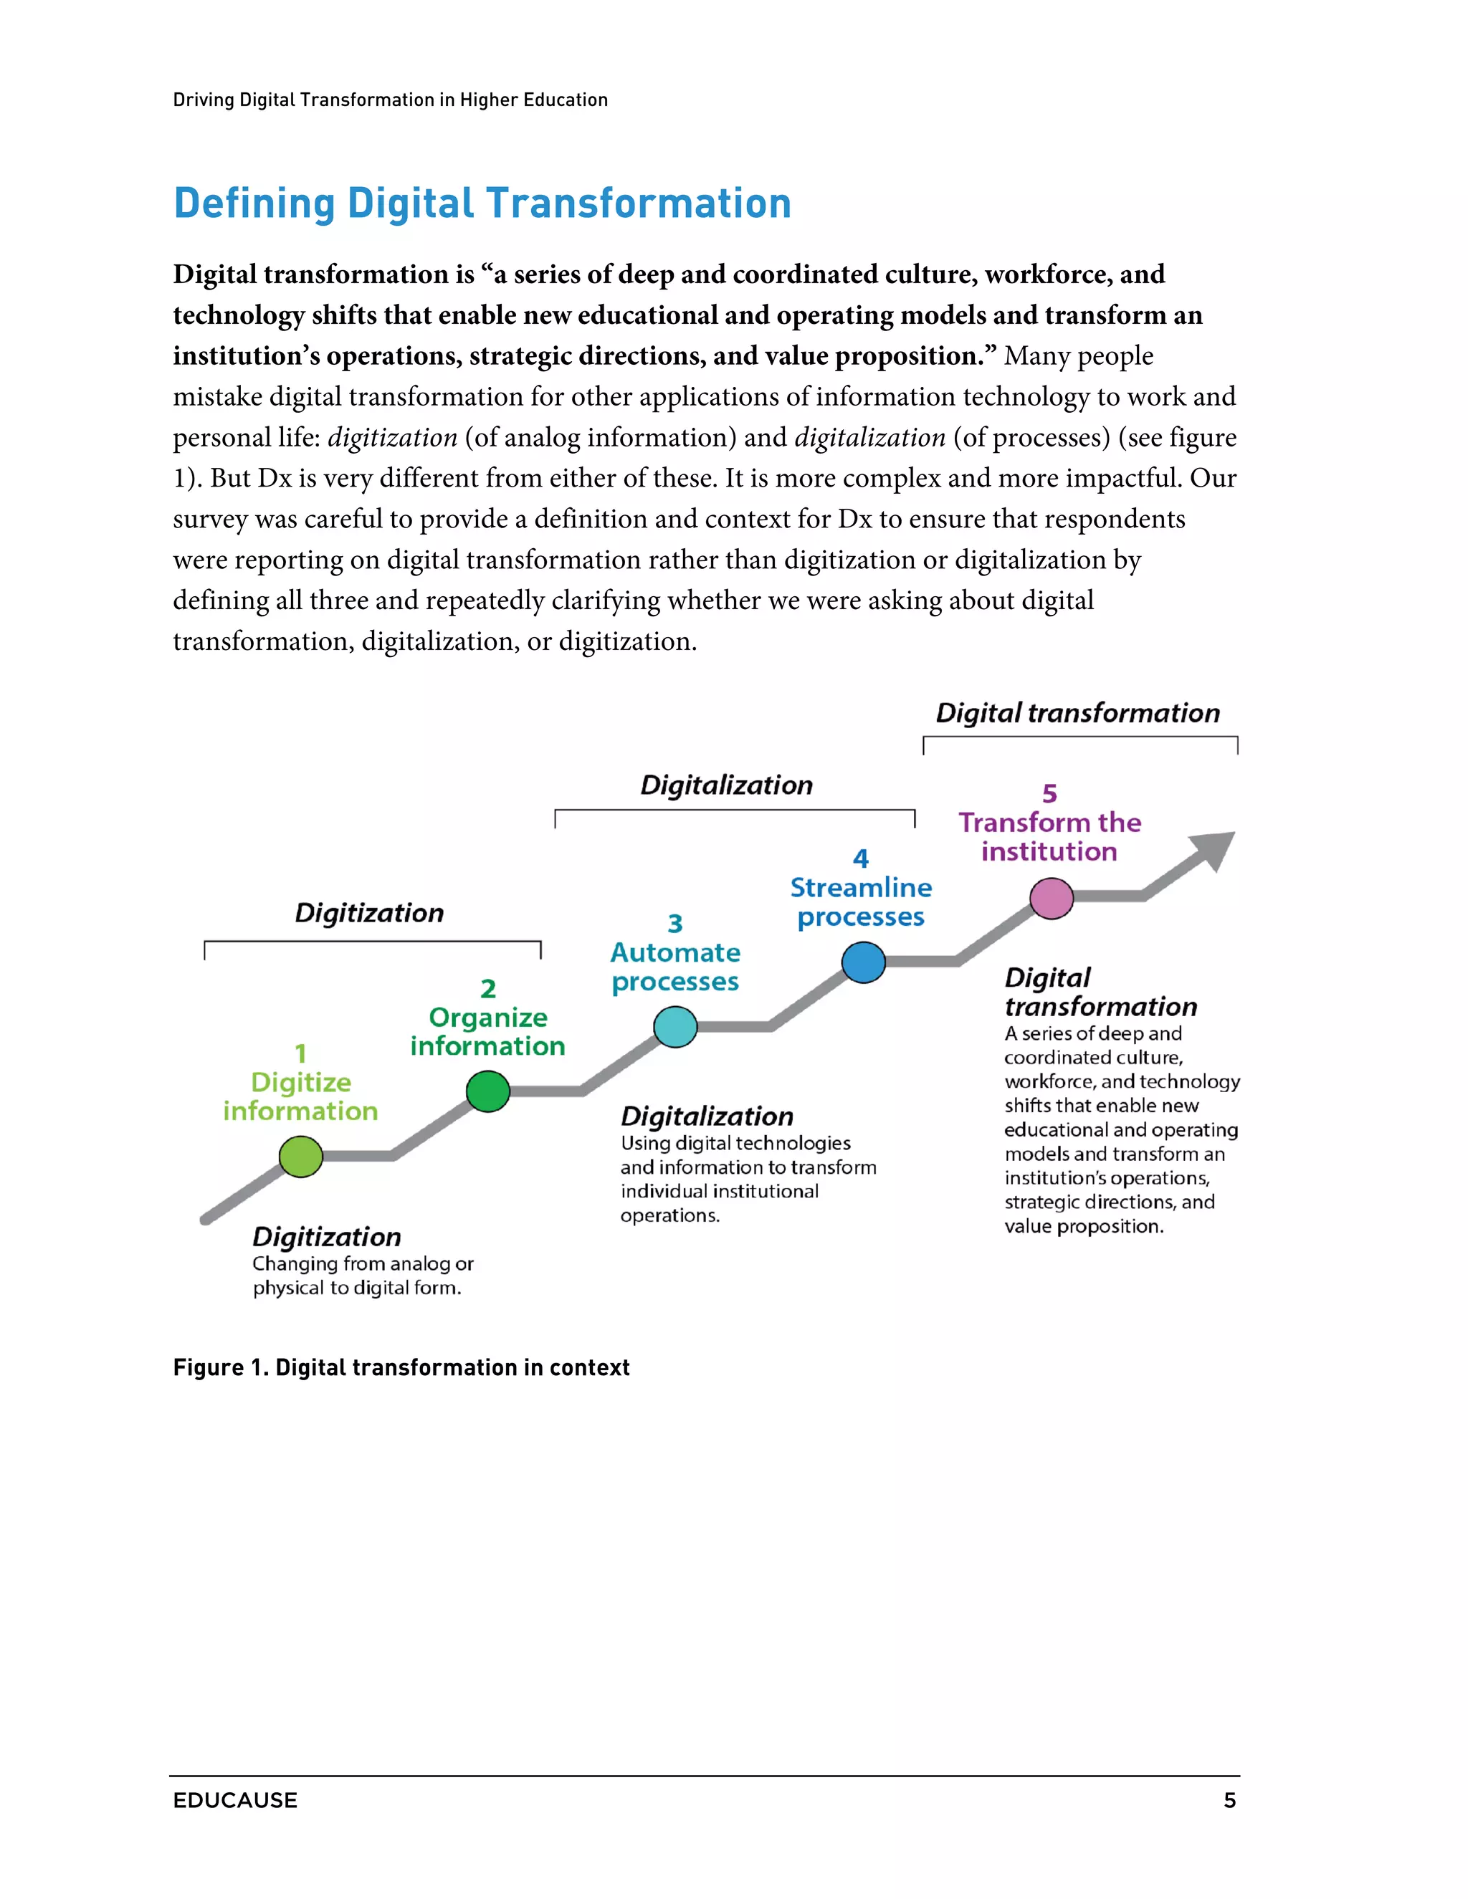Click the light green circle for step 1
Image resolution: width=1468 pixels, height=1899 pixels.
tap(301, 1157)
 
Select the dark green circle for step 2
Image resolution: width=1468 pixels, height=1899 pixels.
tap(488, 1092)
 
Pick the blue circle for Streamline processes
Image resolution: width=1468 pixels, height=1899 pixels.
tap(864, 962)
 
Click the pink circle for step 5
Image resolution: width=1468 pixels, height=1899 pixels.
tap(1052, 898)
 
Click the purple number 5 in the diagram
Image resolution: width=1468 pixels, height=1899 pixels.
tap(1049, 793)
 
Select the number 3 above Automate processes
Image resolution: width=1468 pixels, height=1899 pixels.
tap(675, 922)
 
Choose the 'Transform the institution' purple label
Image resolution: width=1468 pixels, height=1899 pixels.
tap(1049, 836)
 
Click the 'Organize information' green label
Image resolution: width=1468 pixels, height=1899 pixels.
tap(488, 1031)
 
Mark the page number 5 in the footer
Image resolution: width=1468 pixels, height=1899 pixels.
tap(1229, 1800)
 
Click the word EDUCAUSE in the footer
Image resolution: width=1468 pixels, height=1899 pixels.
tap(235, 1800)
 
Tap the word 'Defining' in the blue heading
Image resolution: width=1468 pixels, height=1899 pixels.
tap(254, 204)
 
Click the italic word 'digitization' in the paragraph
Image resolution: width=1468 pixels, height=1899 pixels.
tap(392, 437)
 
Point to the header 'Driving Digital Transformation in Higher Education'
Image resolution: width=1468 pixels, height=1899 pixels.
tap(391, 100)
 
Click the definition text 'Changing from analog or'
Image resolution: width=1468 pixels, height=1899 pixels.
tap(363, 1263)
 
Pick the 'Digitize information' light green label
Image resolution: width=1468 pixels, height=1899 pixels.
tap(300, 1096)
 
